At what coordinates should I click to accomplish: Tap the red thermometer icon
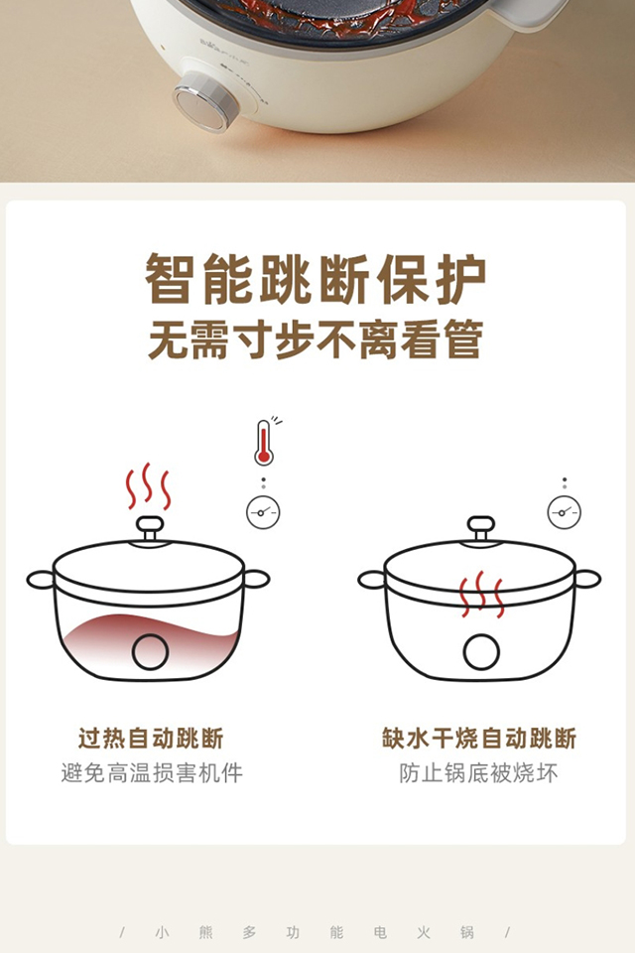pos(264,443)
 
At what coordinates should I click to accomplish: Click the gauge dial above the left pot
pos(263,512)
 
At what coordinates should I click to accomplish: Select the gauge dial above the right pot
pos(565,512)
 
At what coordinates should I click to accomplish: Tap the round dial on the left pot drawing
pos(150,651)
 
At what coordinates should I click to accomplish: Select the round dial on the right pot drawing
pos(481,651)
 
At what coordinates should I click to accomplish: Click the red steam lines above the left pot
pos(148,486)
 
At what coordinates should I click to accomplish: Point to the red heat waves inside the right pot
pos(481,594)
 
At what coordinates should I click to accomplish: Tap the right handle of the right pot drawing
pos(586,579)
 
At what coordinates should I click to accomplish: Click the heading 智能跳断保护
pos(316,279)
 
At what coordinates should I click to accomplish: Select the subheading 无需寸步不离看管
pos(316,340)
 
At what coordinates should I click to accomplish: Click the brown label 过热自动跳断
pos(151,738)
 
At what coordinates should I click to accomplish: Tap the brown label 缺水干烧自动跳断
pos(479,738)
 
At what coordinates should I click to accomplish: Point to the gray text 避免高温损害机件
pos(152,772)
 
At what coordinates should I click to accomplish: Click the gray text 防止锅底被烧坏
pos(479,772)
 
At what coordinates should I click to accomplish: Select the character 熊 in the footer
pos(206,932)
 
